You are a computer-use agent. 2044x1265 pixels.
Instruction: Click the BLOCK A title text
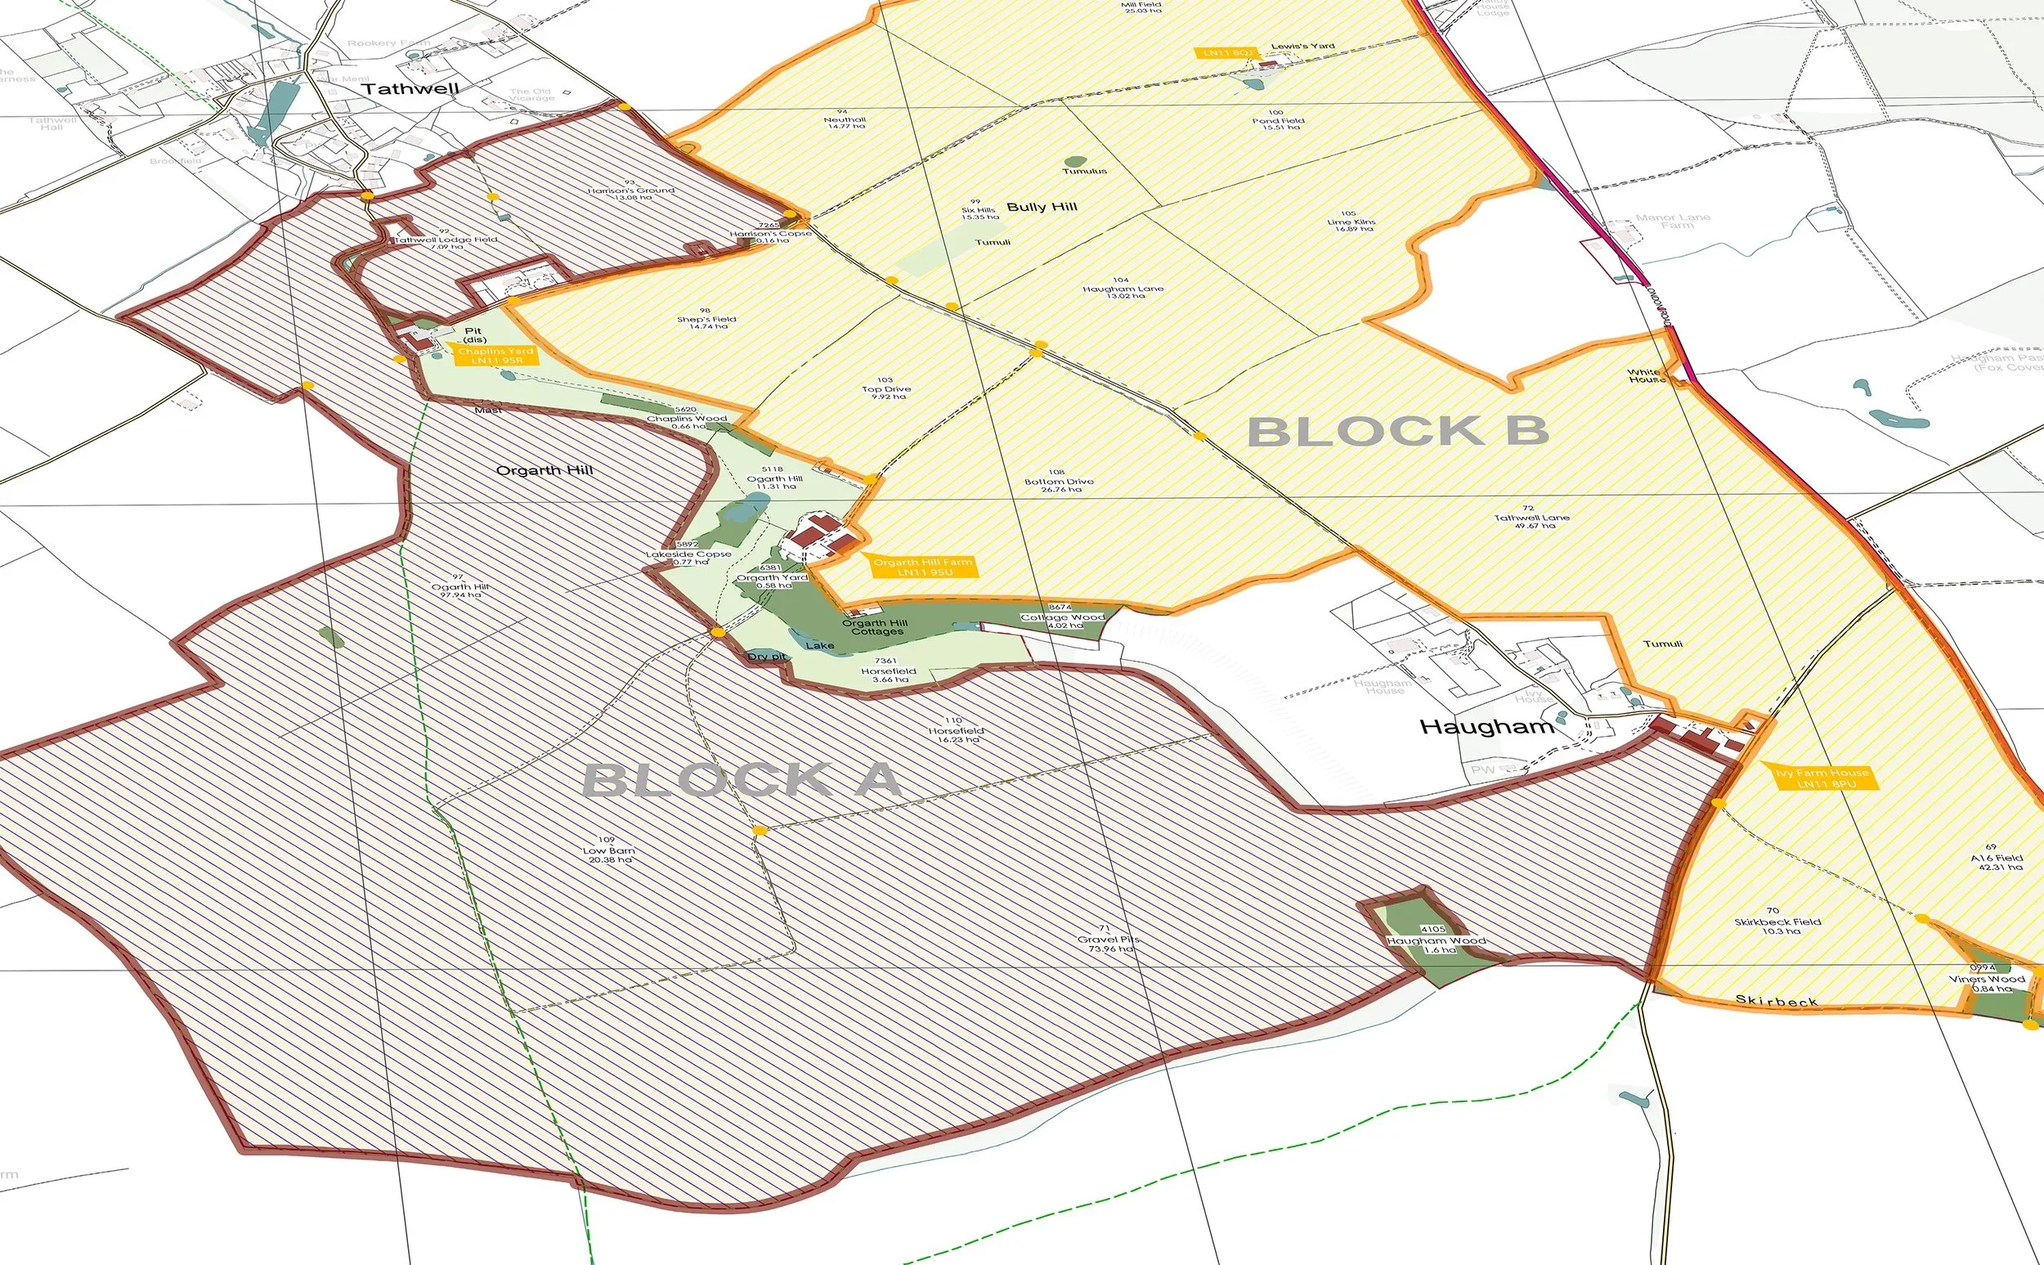[x=741, y=781]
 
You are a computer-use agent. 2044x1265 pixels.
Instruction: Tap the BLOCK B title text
[x=1397, y=433]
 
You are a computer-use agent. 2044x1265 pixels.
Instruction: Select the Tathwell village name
[x=410, y=88]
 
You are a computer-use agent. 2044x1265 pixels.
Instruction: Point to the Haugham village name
[x=1486, y=727]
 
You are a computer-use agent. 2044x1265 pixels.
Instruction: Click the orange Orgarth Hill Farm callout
[x=921, y=567]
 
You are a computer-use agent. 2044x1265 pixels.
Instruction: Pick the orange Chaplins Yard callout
[x=495, y=356]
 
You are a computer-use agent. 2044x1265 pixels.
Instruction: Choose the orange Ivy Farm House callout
[x=1822, y=778]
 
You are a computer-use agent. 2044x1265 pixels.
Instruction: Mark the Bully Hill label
[x=1042, y=208]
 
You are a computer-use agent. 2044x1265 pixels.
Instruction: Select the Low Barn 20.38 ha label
[x=609, y=850]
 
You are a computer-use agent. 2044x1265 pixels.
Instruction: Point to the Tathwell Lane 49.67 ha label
[x=1531, y=518]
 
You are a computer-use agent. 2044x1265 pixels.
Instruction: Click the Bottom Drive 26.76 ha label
[x=1059, y=482]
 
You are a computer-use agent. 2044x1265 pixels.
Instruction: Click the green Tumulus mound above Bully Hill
[x=1074, y=161]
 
